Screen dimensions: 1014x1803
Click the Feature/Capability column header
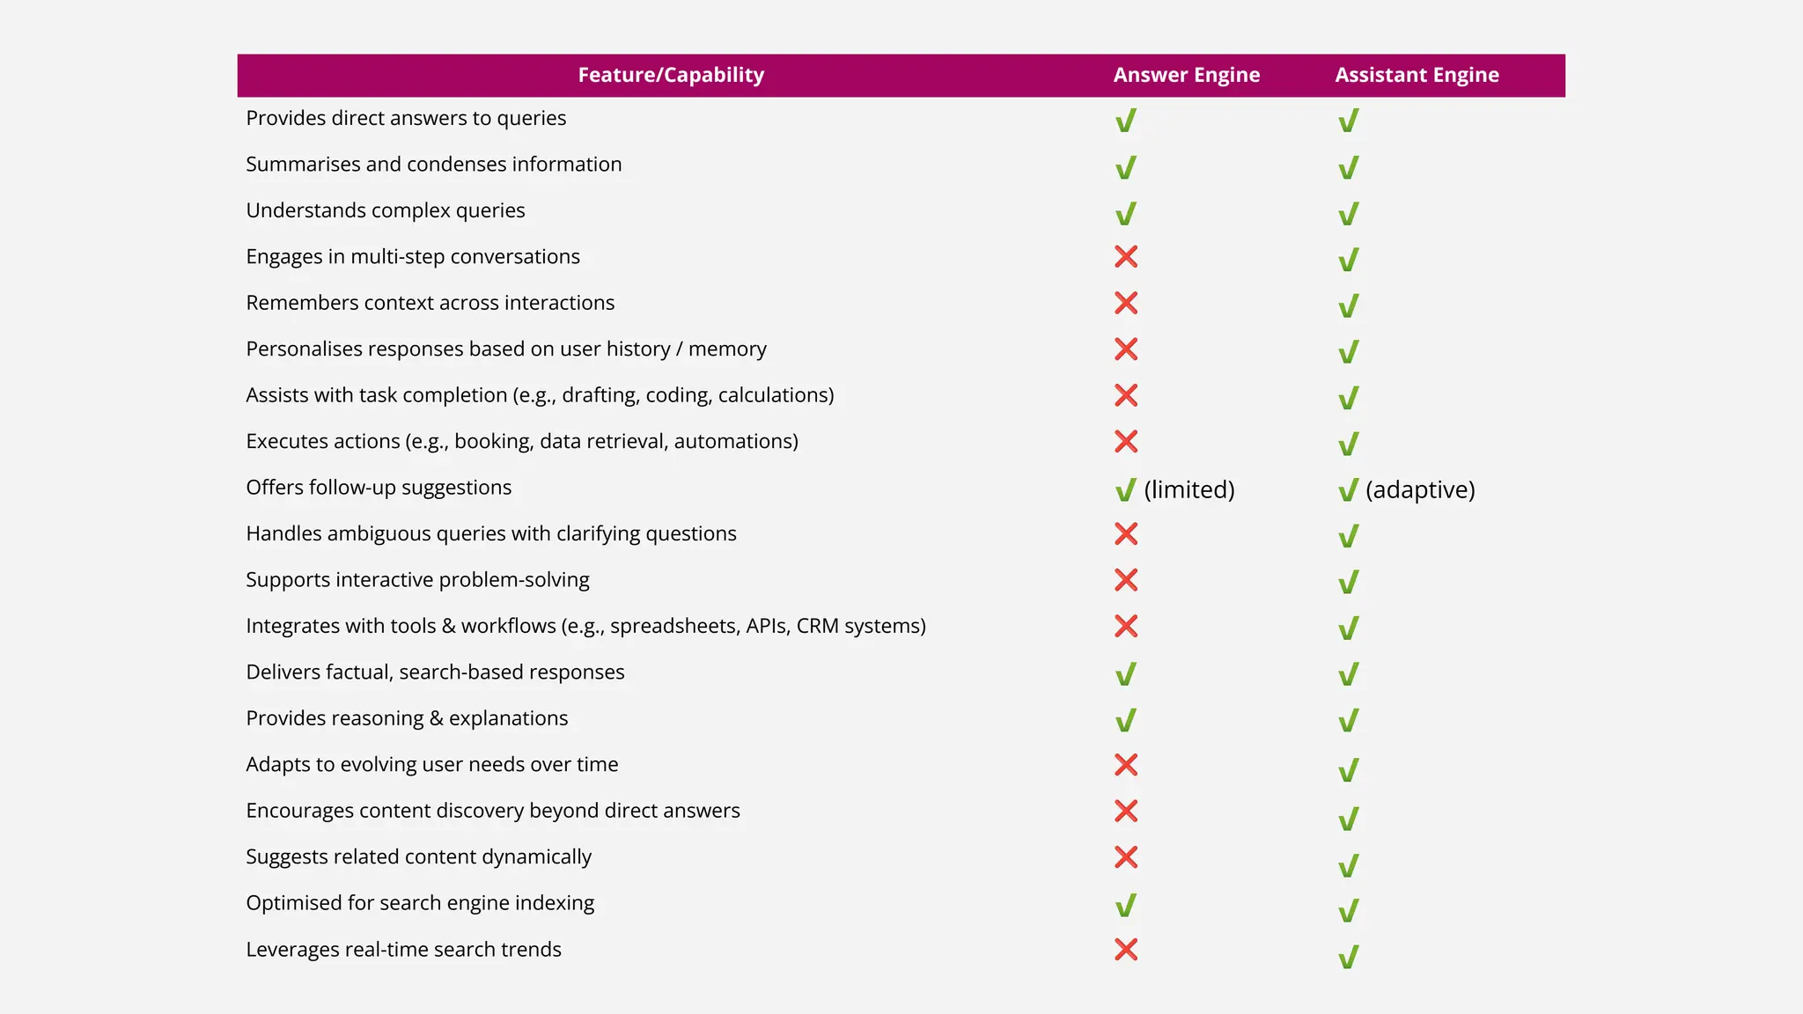click(x=671, y=75)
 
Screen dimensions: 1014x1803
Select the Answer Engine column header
click(x=1186, y=75)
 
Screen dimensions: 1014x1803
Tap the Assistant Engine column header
click(x=1417, y=75)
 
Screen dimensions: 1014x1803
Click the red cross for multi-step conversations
click(x=1126, y=257)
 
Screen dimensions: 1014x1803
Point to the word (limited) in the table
click(x=1189, y=489)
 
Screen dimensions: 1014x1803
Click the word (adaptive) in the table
click(x=1420, y=489)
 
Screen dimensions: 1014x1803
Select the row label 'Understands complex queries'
click(x=386, y=210)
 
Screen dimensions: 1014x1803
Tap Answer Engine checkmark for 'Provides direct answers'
click(x=1126, y=121)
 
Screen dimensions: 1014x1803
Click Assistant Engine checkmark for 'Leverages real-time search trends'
click(x=1349, y=956)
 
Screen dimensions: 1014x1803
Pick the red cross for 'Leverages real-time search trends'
click(x=1126, y=950)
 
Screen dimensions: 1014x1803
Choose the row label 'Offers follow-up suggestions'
click(x=379, y=488)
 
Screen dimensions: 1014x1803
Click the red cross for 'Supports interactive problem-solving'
click(x=1126, y=580)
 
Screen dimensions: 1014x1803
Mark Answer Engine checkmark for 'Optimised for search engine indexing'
click(x=1126, y=906)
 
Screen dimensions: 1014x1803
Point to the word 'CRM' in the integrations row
click(x=817, y=626)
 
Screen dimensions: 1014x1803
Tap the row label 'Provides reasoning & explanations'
click(x=407, y=718)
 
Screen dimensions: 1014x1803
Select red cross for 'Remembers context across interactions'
click(x=1126, y=303)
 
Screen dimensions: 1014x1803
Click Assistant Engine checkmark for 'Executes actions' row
click(x=1349, y=444)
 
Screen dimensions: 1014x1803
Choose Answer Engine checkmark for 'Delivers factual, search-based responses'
click(x=1126, y=674)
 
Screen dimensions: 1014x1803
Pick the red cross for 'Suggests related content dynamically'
click(x=1126, y=857)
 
